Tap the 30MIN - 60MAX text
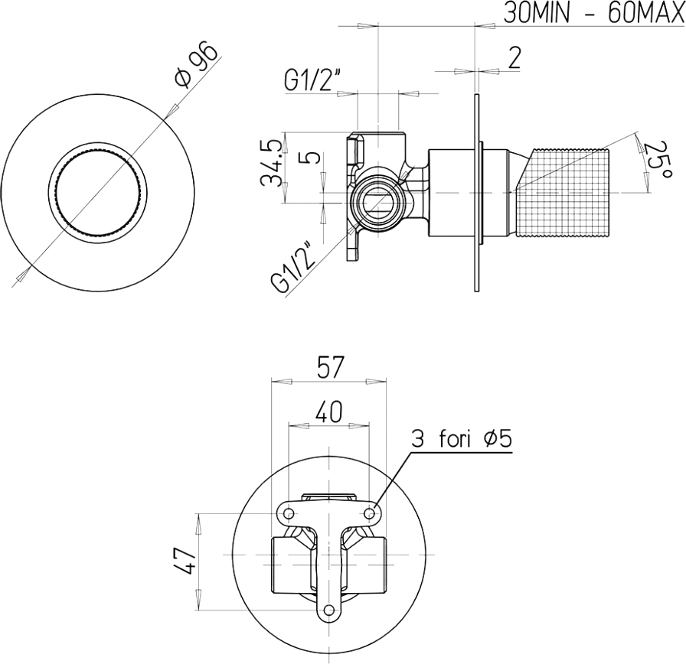click(593, 13)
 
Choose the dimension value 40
click(328, 412)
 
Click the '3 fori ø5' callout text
click(461, 439)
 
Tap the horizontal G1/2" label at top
click(312, 81)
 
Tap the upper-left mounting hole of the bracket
click(289, 513)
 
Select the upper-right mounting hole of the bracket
click(370, 513)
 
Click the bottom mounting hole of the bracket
click(329, 610)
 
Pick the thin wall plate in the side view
click(477, 192)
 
